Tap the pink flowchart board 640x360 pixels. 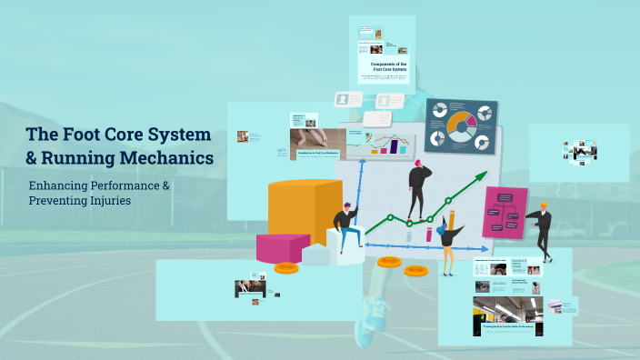[x=505, y=211]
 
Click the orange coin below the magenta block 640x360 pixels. [x=286, y=267]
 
